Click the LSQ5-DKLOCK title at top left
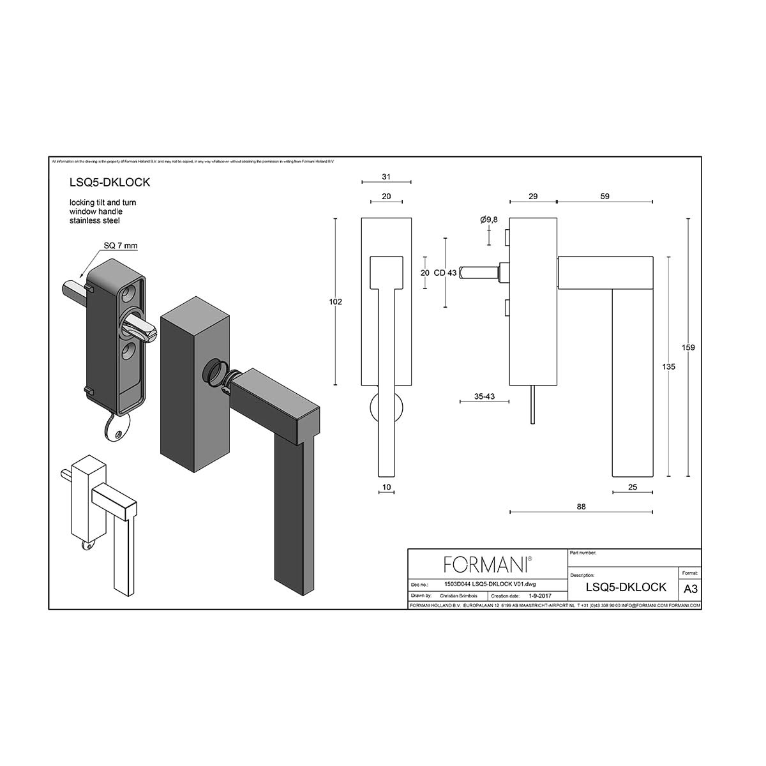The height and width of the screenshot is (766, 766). [110, 182]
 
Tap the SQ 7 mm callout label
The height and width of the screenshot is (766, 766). [121, 246]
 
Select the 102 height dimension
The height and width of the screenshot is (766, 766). [335, 301]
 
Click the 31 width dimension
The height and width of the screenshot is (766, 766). [386, 177]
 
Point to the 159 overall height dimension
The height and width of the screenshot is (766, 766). [688, 347]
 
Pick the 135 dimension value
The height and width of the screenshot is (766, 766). [668, 367]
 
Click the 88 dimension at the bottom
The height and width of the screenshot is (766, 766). [581, 507]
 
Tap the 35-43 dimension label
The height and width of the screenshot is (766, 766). [485, 396]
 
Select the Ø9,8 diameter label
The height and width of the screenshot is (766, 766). [489, 220]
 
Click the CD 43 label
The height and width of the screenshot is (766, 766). [445, 273]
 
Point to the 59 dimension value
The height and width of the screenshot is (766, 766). [605, 197]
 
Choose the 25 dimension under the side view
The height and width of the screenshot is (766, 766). [633, 488]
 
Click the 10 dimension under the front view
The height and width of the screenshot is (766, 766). [386, 488]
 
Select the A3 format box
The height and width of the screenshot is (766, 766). [690, 589]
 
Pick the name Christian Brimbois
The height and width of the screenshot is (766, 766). [458, 596]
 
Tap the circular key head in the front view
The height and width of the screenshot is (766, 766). [387, 409]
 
